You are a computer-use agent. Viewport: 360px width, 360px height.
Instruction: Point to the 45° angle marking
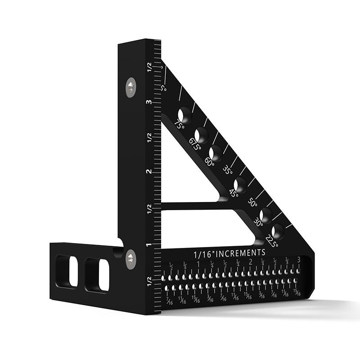pos(234,193)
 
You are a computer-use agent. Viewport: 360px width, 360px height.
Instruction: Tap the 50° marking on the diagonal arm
pos(253,203)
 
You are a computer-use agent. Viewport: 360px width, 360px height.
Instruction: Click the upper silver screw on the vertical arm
pos(130,87)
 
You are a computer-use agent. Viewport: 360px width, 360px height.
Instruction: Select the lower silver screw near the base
pos(130,260)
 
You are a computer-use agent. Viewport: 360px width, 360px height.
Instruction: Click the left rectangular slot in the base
pos(67,271)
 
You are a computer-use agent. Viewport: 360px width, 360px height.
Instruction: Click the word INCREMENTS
pos(241,252)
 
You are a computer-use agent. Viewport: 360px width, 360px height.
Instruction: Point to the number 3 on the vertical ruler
pos(148,102)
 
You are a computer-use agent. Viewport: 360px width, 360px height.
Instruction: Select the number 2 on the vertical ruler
pos(148,171)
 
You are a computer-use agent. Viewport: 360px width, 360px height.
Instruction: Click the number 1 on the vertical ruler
pos(148,246)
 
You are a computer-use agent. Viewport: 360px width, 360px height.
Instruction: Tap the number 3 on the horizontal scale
pos(299,260)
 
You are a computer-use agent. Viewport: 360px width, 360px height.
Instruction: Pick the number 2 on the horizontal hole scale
pos(250,262)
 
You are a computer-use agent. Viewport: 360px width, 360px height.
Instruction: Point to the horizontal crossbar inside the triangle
pos(191,206)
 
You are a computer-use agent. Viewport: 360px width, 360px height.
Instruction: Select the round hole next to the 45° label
pos(240,184)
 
